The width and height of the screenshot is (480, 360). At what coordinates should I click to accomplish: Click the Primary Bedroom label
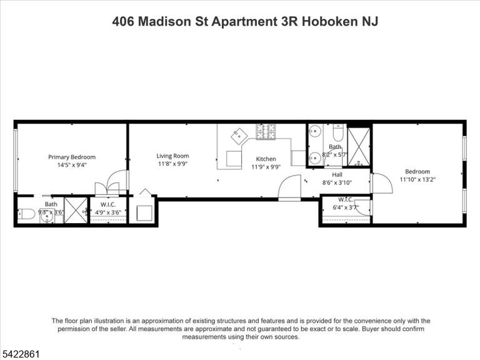pos(72,157)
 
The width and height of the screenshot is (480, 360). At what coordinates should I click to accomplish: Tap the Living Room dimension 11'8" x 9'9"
pos(172,164)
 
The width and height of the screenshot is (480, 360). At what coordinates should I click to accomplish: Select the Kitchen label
pos(266,159)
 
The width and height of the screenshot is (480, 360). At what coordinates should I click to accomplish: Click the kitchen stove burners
pos(266,132)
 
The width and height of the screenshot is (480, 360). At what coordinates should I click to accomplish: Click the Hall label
pos(337,174)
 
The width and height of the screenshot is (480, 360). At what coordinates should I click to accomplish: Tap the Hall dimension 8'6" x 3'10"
pos(337,182)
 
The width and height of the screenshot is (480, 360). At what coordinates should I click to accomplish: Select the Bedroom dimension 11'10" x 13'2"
pos(417,179)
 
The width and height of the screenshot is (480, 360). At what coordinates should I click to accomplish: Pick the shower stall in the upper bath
pos(359,147)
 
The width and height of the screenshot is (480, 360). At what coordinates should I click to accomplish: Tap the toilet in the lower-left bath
pos(26,214)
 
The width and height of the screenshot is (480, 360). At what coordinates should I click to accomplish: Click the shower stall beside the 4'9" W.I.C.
pos(76,210)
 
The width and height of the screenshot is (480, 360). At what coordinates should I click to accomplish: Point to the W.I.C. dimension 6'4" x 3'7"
pos(346,207)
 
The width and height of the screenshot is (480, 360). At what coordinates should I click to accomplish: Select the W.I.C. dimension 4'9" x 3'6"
pos(107,212)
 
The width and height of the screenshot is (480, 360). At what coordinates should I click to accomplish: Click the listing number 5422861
pos(20,354)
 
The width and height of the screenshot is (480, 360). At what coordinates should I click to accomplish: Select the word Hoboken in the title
pos(330,21)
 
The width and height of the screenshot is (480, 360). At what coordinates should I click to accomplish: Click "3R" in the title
pos(289,21)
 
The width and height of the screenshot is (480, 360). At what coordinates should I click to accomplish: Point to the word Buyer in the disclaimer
pos(372,329)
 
